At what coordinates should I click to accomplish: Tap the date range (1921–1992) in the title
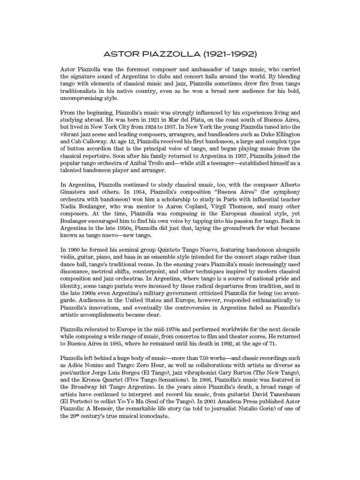(x=230, y=54)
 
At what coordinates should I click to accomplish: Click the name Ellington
(x=287, y=135)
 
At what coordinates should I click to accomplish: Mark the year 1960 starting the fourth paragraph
(x=73, y=250)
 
